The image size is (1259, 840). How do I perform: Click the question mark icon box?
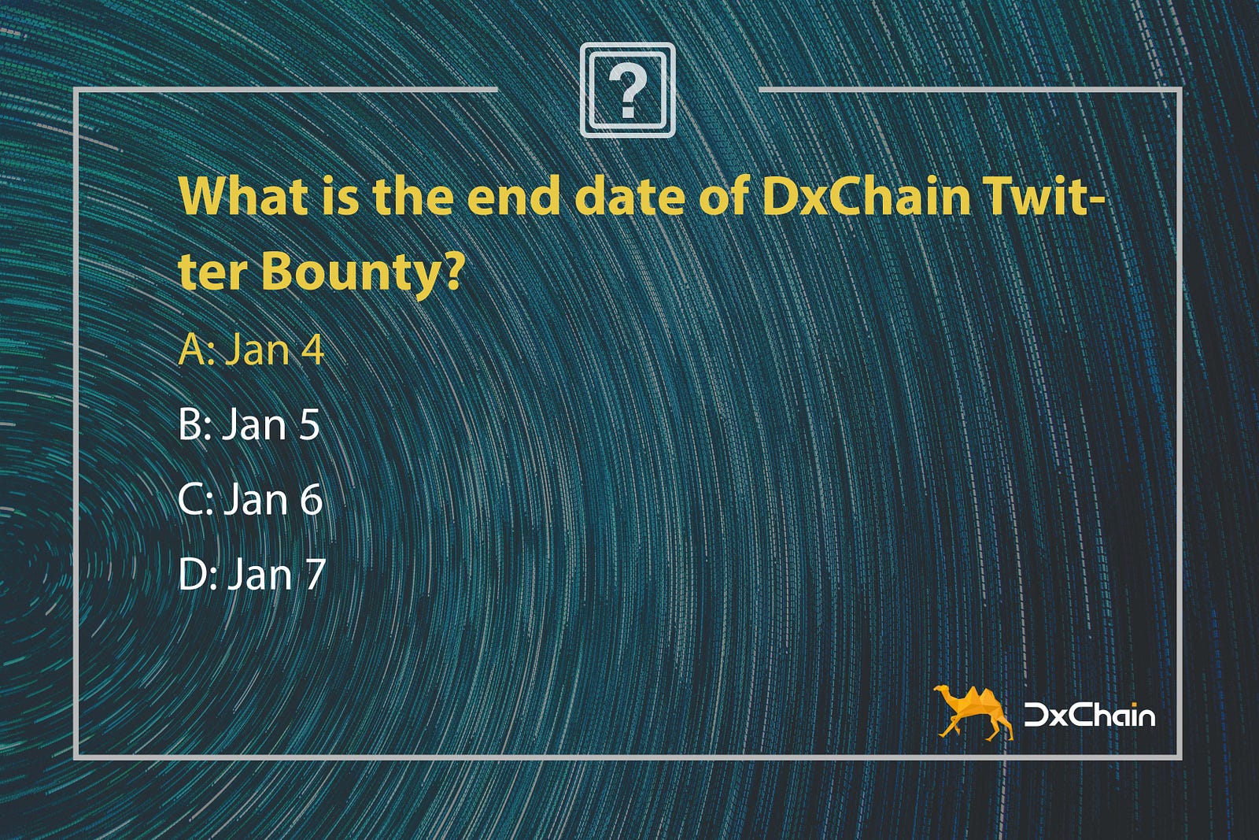click(627, 90)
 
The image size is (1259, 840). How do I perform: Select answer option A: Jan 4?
click(251, 350)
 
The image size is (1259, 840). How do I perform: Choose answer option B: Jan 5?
click(249, 424)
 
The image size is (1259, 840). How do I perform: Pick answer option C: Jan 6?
click(251, 498)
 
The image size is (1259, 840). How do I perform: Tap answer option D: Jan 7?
click(252, 573)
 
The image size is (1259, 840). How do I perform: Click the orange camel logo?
click(973, 712)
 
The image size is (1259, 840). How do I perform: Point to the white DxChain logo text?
click(1089, 715)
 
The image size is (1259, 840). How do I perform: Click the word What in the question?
click(244, 196)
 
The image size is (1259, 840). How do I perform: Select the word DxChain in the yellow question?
click(866, 196)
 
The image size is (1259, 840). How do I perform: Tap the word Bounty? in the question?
click(362, 272)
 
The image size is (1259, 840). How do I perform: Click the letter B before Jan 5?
click(190, 424)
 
